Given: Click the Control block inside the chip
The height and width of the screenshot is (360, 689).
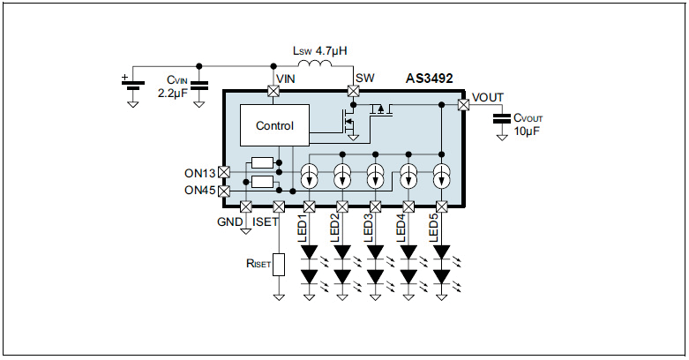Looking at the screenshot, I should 274,125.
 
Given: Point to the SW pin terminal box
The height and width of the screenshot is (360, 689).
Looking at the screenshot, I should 354,91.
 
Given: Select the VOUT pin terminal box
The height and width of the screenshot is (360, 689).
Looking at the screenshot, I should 463,104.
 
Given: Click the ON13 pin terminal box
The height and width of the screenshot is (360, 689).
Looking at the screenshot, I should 223,172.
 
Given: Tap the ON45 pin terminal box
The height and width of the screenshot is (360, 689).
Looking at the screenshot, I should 223,190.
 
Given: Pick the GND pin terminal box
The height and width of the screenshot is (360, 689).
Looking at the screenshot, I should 246,206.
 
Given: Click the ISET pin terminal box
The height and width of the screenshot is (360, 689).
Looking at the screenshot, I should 279,206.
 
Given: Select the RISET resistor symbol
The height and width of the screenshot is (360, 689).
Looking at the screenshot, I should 279,264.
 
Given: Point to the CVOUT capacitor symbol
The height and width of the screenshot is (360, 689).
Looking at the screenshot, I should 503,117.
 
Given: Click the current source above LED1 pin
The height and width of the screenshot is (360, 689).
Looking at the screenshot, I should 310,176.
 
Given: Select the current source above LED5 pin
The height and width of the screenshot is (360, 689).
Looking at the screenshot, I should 441,176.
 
